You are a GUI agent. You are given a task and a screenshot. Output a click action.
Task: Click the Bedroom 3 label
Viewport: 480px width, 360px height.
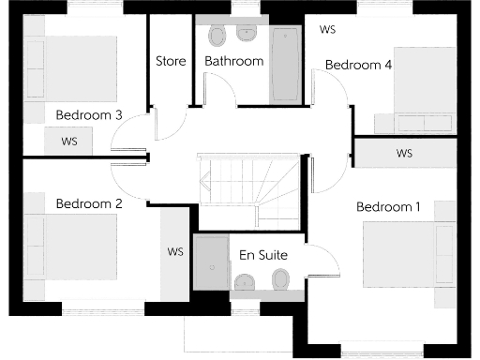(x=89, y=115)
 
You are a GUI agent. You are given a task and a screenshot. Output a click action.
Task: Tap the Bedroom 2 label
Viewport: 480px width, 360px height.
(x=89, y=203)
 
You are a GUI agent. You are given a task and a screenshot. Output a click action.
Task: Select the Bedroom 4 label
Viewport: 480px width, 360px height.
(x=358, y=65)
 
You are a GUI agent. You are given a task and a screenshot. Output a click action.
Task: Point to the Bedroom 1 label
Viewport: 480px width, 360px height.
(x=388, y=207)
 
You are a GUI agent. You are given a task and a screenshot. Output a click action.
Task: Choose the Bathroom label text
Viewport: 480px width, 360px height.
(x=233, y=62)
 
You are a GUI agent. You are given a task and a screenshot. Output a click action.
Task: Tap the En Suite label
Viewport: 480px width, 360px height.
(x=263, y=255)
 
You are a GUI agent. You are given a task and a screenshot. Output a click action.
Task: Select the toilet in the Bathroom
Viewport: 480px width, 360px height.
(x=217, y=37)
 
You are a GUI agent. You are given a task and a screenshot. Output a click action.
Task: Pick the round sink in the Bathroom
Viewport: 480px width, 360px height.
(x=247, y=33)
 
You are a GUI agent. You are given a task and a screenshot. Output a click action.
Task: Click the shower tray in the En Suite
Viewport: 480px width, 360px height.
(x=210, y=263)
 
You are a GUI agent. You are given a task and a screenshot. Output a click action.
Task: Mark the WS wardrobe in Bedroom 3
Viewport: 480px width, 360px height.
(x=68, y=142)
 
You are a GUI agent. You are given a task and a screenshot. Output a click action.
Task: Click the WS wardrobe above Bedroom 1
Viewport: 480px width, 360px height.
(x=404, y=153)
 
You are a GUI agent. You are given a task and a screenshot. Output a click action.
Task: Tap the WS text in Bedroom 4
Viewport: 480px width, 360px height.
(x=328, y=30)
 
